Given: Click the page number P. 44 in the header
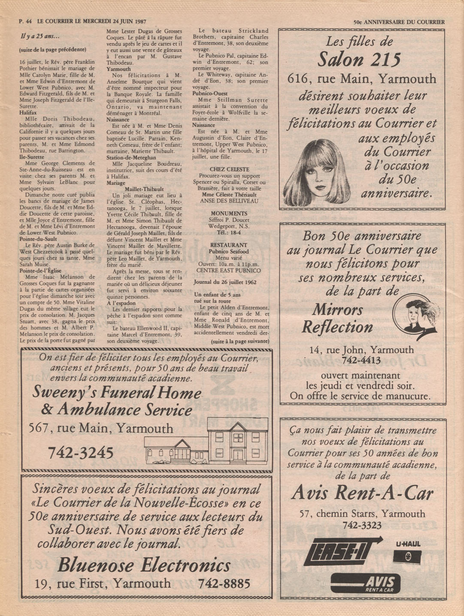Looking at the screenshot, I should [x=25, y=21].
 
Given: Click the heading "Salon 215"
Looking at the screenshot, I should [x=360, y=60].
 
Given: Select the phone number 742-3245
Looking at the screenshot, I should [x=81, y=452].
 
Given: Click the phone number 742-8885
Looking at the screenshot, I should [x=224, y=583].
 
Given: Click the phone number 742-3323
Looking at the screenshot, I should [x=362, y=525].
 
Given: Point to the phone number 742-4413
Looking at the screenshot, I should [x=362, y=360].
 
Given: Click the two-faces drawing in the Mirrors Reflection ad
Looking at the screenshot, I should [x=415, y=315].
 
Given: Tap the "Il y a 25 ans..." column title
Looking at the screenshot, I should [x=39, y=36].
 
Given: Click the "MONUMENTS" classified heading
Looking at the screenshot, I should [x=229, y=213].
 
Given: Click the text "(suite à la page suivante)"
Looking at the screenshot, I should [x=240, y=341].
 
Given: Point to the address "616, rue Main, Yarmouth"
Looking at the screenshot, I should [x=362, y=79].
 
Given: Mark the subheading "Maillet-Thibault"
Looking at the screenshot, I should [x=144, y=189].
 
